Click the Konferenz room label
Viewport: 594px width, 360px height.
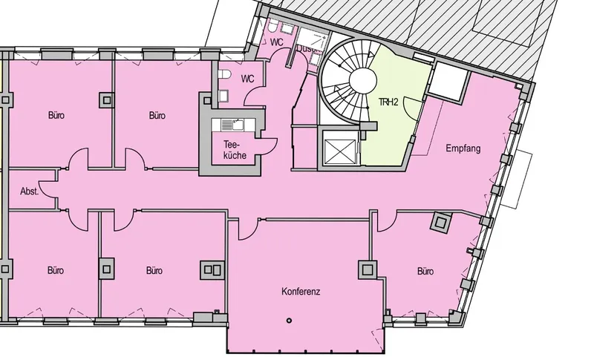tap(301, 292)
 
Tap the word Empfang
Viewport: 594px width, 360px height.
tap(463, 149)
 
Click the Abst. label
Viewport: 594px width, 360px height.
tap(30, 191)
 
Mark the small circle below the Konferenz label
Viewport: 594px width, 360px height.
tap(289, 320)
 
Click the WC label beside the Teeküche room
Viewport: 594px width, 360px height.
tap(247, 79)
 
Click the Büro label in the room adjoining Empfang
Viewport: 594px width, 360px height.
tap(425, 272)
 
